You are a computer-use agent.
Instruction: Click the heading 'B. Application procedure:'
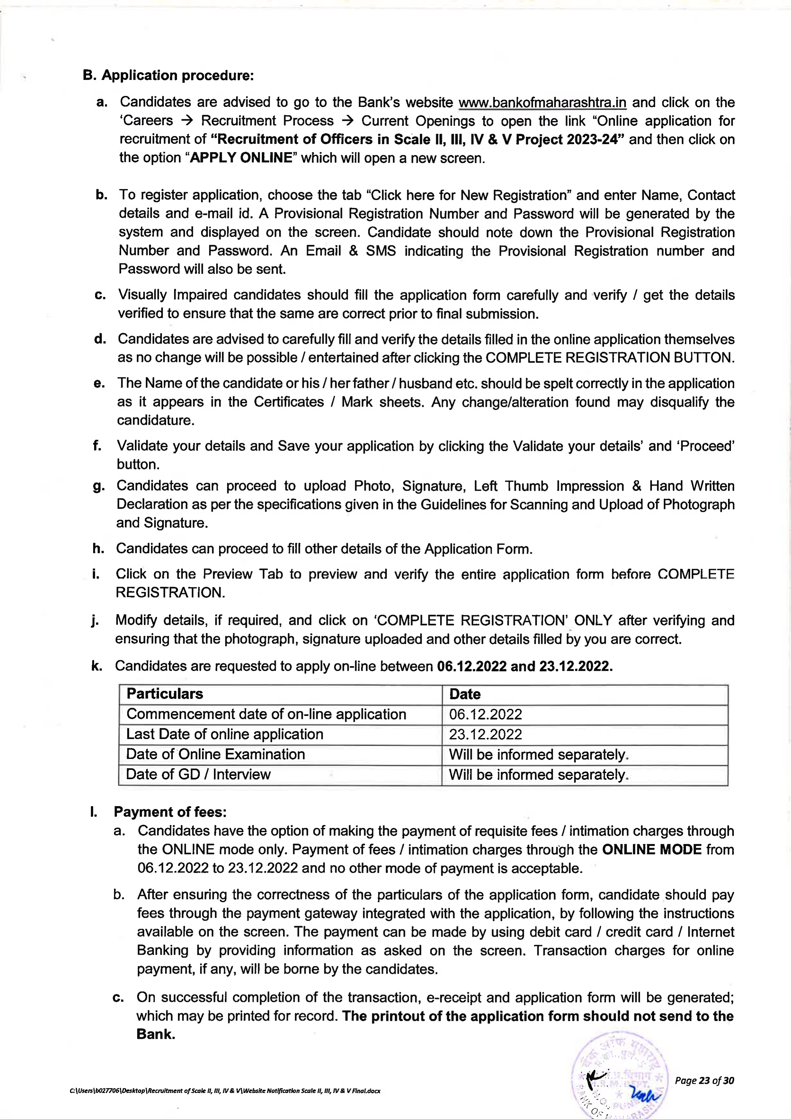click(x=168, y=75)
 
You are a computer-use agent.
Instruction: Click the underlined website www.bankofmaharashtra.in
click(x=542, y=103)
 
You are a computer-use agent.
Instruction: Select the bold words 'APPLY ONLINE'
click(x=241, y=158)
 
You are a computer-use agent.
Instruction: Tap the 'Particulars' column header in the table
click(x=165, y=694)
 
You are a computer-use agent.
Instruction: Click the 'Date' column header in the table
click(x=465, y=694)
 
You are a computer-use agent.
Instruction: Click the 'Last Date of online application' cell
click(x=224, y=735)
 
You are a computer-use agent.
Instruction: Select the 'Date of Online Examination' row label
click(x=215, y=754)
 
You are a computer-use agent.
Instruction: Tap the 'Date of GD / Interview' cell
click(x=198, y=774)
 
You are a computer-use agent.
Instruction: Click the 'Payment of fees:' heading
click(x=170, y=812)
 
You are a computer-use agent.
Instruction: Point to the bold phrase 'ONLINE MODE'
click(x=652, y=849)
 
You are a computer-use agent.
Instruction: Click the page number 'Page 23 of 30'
click(x=704, y=1080)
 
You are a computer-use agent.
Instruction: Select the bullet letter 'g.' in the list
click(x=99, y=486)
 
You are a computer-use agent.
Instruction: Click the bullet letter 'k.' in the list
click(x=97, y=666)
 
